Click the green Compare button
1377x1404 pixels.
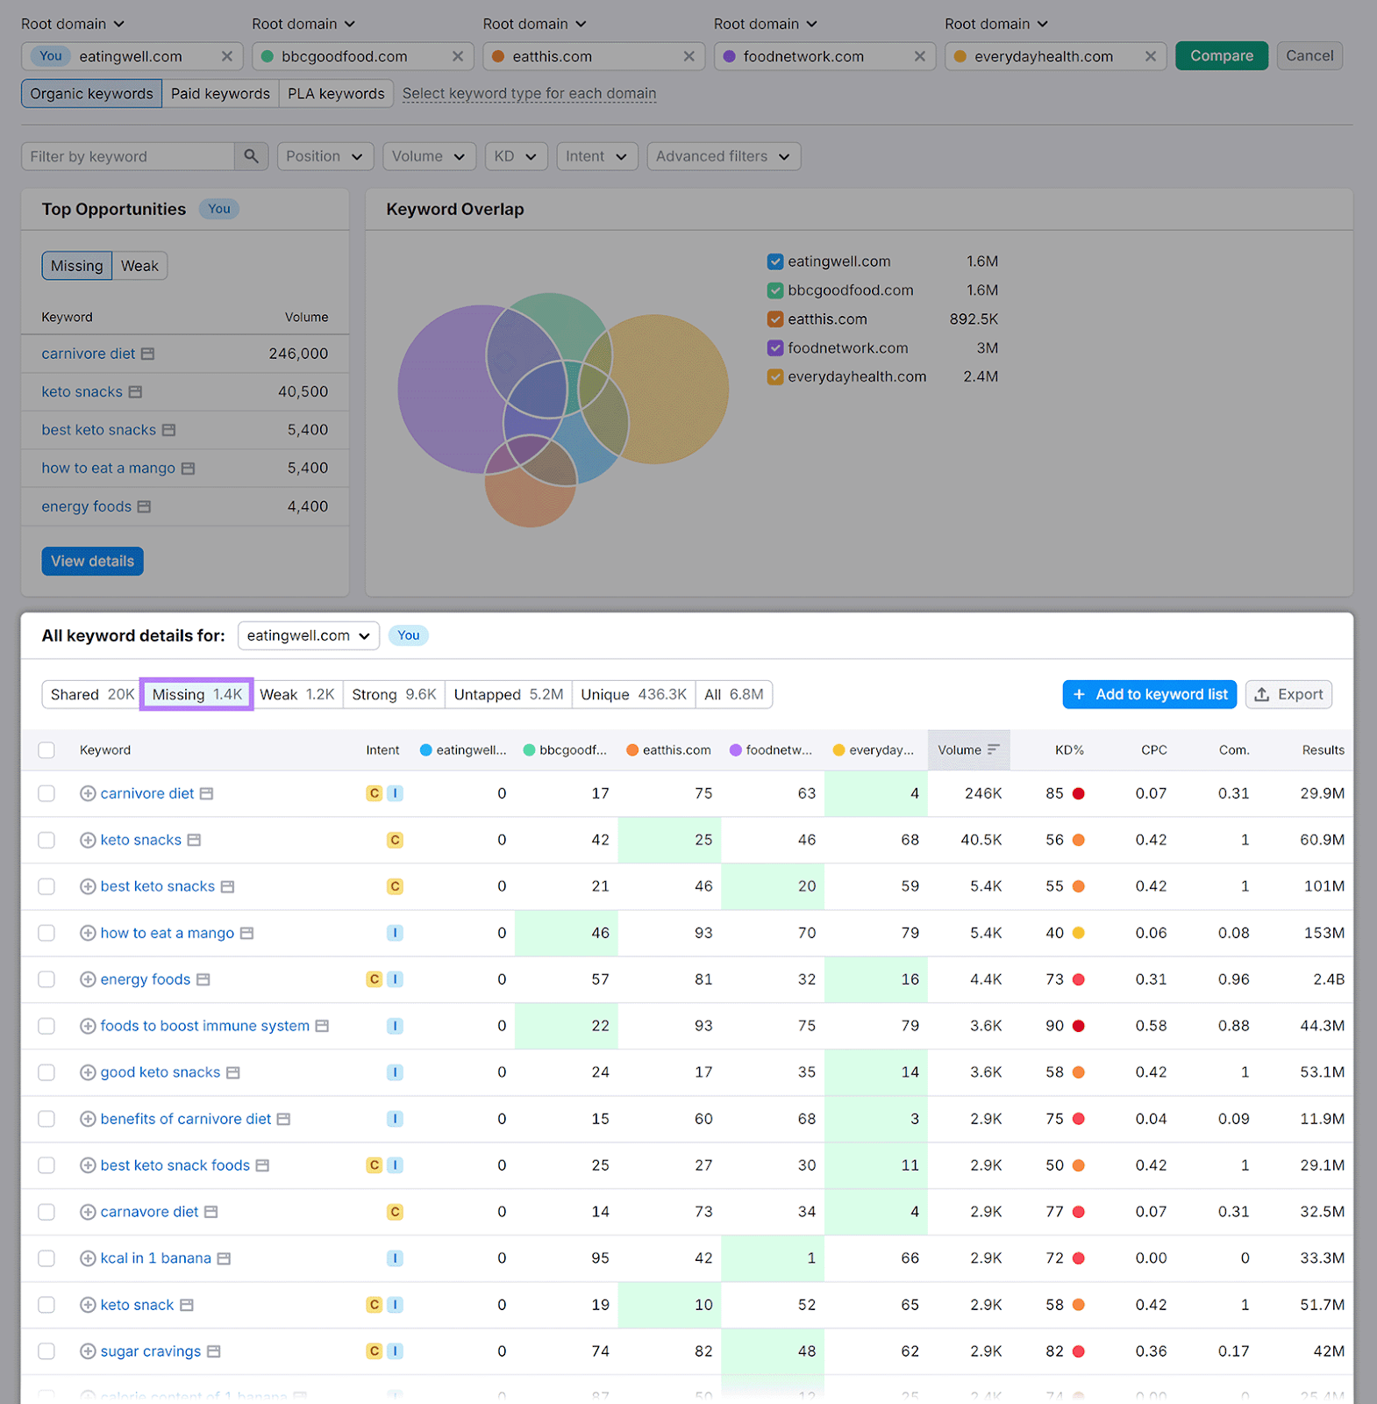point(1221,56)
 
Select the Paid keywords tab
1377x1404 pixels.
point(220,94)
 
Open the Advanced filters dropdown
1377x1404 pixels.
point(723,156)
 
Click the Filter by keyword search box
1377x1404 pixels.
point(128,156)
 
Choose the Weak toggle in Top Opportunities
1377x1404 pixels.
point(139,266)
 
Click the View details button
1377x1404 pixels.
point(92,562)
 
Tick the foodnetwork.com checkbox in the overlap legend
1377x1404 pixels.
point(775,348)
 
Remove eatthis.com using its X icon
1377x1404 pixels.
point(688,56)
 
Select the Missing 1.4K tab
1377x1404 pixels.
point(196,694)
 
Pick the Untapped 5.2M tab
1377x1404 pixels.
point(508,694)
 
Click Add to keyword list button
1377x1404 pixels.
point(1149,694)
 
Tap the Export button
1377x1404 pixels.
point(1288,694)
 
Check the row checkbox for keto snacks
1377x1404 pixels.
point(46,840)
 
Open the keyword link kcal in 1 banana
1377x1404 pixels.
point(155,1258)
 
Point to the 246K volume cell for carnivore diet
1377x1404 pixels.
point(982,793)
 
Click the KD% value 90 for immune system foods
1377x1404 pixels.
point(1054,1026)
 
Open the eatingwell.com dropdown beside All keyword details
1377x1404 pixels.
point(308,635)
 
